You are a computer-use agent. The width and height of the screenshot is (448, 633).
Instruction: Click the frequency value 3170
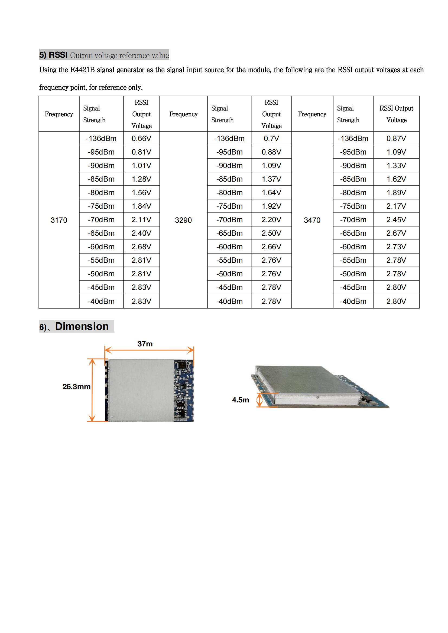point(59,220)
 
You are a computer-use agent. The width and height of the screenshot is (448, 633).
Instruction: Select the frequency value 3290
point(183,220)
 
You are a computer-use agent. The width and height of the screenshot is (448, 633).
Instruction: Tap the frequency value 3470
point(312,220)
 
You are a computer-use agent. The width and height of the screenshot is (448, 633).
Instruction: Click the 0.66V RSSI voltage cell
point(141,138)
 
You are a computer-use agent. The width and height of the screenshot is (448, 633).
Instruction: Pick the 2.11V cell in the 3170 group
point(141,220)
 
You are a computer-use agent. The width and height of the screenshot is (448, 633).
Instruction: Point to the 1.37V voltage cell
point(271,179)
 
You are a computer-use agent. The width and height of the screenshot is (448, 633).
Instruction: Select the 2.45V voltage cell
point(396,220)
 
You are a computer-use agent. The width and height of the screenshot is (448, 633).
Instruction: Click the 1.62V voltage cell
point(396,179)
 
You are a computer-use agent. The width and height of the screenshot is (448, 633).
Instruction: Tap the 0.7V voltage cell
point(271,138)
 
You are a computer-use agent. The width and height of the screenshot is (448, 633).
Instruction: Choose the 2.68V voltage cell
point(141,247)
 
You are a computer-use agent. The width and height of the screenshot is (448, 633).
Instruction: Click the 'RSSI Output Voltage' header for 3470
point(396,114)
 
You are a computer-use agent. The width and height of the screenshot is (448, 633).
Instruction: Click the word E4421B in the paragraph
point(83,70)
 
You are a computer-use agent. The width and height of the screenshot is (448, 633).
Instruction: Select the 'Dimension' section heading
point(82,326)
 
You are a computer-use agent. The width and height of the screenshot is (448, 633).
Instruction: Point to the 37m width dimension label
point(145,344)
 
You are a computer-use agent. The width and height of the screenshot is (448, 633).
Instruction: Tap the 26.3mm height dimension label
point(76,386)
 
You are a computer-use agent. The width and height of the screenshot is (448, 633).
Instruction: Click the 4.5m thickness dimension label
point(240,400)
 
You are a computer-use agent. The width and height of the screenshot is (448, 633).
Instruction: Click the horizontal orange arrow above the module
point(149,350)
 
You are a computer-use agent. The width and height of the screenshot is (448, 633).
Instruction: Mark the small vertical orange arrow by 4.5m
point(259,400)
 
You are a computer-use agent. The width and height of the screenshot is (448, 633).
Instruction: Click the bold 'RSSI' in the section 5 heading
point(58,55)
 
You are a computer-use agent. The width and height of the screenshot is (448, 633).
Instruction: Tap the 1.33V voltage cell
point(396,166)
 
